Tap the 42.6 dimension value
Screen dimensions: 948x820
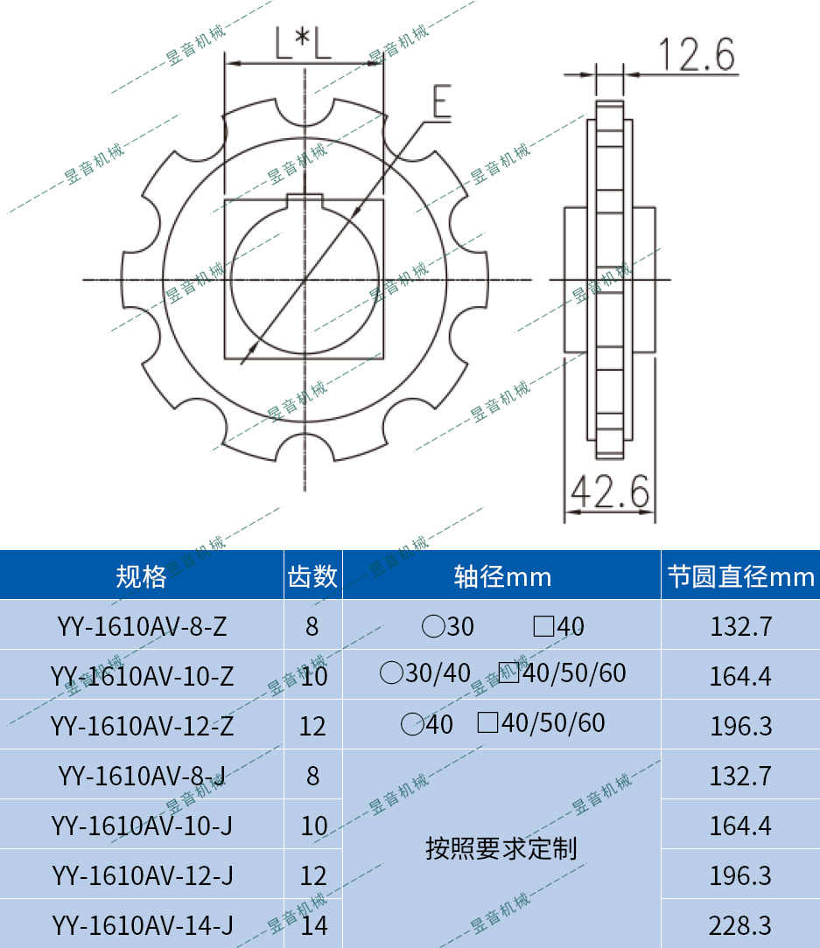610,494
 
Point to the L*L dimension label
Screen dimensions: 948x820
303,44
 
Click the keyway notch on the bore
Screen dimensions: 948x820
305,199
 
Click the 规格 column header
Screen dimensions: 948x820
141,576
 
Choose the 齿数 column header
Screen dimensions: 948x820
312,576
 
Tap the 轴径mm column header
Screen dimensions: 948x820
501,576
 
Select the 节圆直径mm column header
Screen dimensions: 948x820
740,576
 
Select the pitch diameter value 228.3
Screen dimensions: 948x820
740,924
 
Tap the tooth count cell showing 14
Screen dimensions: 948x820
313,924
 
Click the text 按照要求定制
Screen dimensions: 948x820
501,848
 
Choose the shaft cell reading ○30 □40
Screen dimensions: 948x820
502,626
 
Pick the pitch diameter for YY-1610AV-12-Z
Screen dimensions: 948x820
740,726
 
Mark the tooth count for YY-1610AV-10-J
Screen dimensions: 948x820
313,826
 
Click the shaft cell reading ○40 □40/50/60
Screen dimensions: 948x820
502,724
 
